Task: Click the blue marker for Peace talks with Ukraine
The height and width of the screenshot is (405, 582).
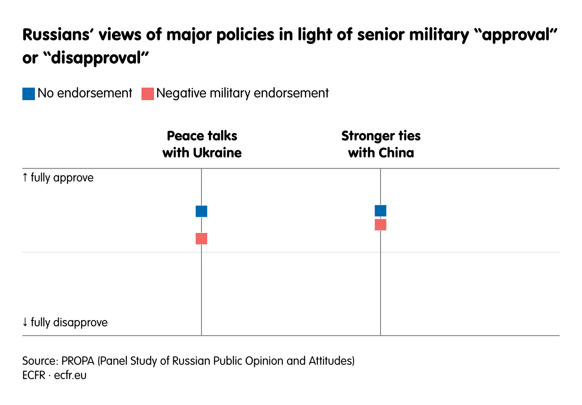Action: point(201,211)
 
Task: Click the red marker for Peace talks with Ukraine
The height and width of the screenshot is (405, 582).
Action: point(201,239)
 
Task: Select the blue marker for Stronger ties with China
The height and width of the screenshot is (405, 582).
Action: point(381,211)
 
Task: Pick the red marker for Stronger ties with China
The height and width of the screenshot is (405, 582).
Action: point(381,225)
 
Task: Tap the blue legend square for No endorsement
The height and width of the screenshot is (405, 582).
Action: point(29,94)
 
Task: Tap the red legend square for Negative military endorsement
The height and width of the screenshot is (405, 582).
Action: point(148,94)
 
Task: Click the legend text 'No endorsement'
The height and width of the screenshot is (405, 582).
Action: point(85,93)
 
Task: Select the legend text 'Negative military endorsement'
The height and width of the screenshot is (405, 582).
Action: point(242,93)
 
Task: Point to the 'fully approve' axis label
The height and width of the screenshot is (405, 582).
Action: point(62,178)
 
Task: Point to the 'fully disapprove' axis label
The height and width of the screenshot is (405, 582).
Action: point(69,322)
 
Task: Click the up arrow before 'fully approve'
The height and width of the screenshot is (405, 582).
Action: point(25,178)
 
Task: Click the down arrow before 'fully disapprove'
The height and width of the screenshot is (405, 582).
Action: point(25,322)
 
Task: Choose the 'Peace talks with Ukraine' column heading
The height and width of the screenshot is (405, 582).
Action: point(202,144)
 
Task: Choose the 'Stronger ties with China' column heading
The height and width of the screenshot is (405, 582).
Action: point(381,144)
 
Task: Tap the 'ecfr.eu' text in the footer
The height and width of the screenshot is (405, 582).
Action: point(70,375)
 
